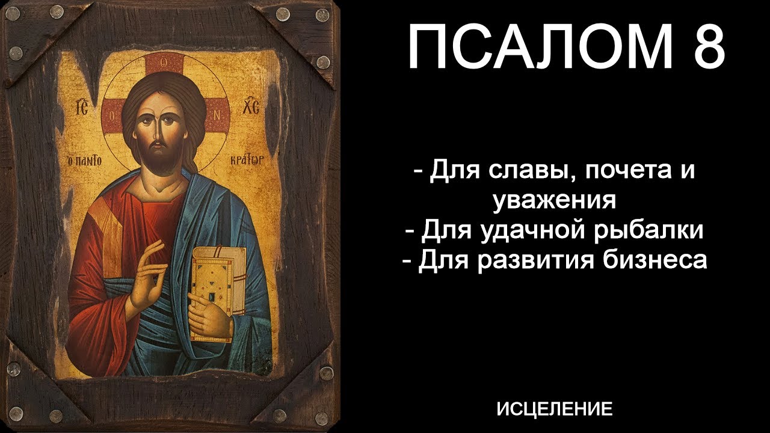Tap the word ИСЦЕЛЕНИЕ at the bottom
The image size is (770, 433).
click(x=555, y=410)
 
